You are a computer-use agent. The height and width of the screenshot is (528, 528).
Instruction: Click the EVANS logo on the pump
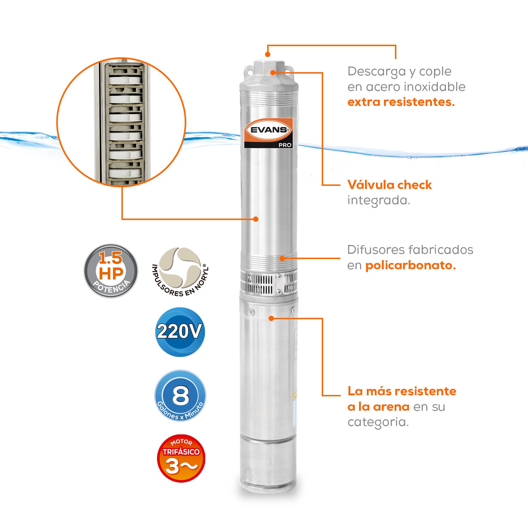click(269, 130)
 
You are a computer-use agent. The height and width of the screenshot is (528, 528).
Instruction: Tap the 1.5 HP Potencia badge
click(111, 271)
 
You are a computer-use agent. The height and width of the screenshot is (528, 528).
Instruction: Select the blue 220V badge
click(180, 332)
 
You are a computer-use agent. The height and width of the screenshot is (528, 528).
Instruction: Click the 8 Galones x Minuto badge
click(180, 395)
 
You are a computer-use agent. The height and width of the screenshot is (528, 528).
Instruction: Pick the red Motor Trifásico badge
click(181, 458)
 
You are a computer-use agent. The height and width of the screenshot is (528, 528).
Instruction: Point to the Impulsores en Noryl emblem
click(180, 270)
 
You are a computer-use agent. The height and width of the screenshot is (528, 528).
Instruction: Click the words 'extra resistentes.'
click(401, 102)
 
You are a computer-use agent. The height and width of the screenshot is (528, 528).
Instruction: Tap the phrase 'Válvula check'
click(389, 185)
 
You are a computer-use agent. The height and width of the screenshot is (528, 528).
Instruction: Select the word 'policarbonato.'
click(410, 265)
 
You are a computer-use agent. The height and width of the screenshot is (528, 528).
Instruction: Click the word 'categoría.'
click(378, 422)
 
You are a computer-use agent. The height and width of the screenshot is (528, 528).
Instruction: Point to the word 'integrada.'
click(378, 200)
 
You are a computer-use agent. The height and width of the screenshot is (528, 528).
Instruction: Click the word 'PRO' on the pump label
click(285, 145)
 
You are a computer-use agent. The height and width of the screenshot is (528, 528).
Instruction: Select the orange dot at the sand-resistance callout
click(271, 319)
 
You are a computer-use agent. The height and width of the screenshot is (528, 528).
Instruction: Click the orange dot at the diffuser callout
click(282, 258)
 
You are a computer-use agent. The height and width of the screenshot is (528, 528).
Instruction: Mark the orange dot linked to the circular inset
click(256, 219)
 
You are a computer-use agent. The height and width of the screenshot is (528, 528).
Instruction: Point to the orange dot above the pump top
click(268, 54)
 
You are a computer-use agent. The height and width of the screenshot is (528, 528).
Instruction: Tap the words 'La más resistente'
click(402, 391)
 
